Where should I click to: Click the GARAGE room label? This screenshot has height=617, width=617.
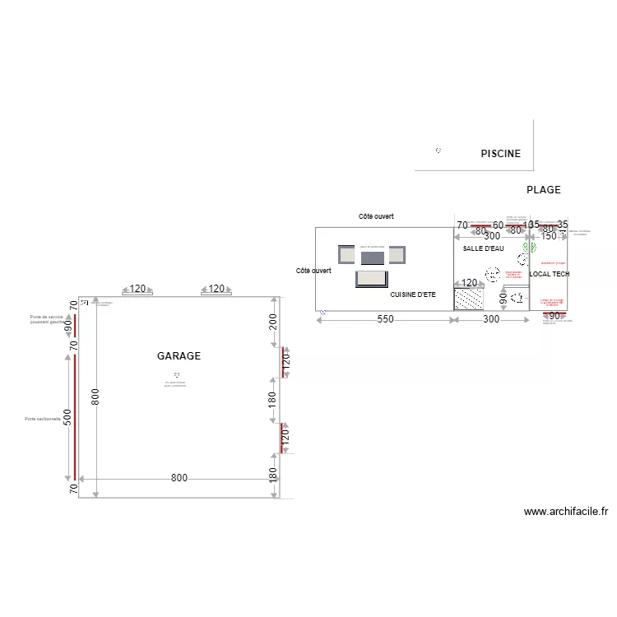[x=179, y=356]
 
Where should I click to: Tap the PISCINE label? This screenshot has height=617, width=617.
[x=500, y=154]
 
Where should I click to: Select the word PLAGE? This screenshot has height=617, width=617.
[x=543, y=190]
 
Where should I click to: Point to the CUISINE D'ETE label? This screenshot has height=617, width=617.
[x=413, y=295]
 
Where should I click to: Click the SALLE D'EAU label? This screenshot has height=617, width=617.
[x=483, y=248]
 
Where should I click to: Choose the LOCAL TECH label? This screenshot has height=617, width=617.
[x=550, y=274]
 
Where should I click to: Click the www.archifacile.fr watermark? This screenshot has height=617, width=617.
[x=566, y=512]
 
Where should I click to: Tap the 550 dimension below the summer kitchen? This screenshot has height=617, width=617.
[x=385, y=319]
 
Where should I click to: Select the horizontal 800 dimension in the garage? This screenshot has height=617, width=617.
[x=179, y=478]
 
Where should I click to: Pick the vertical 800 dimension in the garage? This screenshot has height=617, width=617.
[x=95, y=397]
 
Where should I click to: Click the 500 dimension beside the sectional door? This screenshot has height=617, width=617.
[x=67, y=418]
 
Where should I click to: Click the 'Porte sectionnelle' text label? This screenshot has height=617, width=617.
[x=43, y=419]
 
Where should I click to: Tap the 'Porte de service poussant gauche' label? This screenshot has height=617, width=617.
[x=46, y=319]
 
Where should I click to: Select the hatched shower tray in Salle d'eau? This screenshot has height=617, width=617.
[x=468, y=299]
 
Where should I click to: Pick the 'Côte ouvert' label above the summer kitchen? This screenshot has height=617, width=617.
[x=376, y=216]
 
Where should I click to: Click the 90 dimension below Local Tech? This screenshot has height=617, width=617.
[x=554, y=316]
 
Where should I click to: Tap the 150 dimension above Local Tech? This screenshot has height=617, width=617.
[x=534, y=225]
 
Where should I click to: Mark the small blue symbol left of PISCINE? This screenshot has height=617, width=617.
[x=438, y=151]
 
